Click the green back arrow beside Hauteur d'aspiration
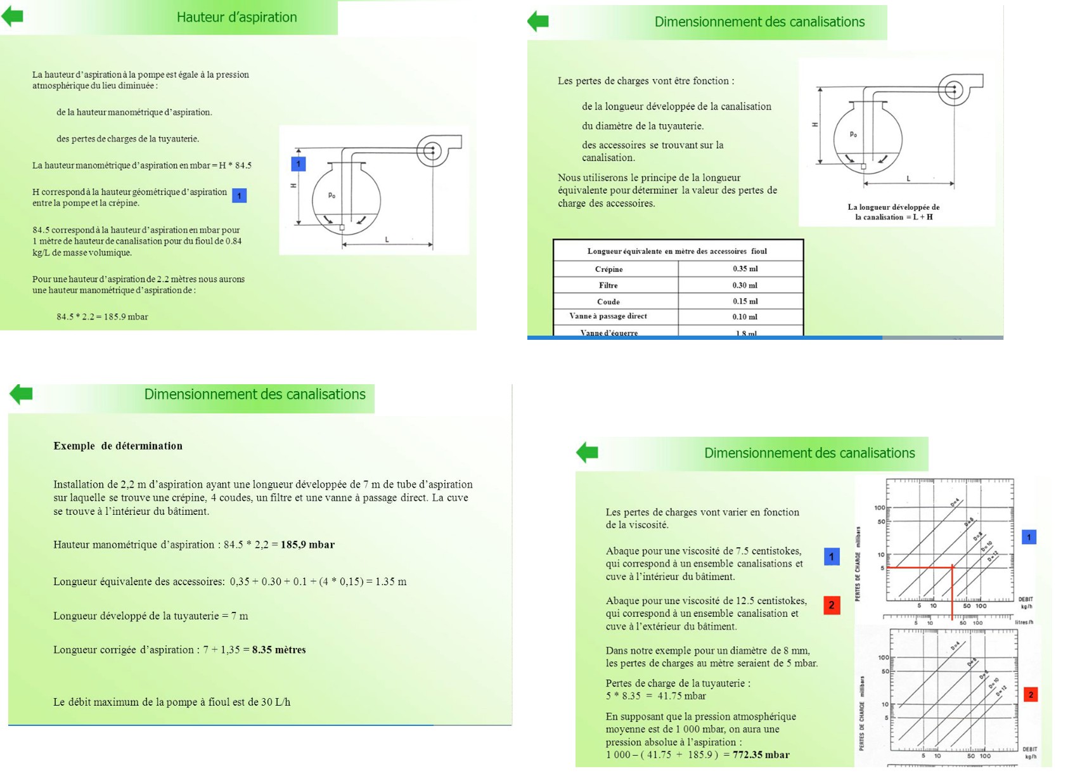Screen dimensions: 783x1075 [x=13, y=16]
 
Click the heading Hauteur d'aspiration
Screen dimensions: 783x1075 [x=236, y=17]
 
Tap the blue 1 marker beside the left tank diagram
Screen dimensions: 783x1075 [x=299, y=164]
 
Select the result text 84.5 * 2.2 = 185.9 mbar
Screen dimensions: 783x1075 [x=102, y=316]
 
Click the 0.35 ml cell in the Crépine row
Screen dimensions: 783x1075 [x=745, y=269]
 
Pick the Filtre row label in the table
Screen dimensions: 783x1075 [x=608, y=285]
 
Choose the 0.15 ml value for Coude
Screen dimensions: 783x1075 [x=745, y=301]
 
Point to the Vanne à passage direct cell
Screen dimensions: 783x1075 [x=608, y=316]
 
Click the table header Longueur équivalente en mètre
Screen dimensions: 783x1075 [x=676, y=251]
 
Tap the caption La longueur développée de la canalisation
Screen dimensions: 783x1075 [x=893, y=212]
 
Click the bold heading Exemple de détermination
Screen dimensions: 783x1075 [x=118, y=446]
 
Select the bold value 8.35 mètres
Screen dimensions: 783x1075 [x=279, y=649]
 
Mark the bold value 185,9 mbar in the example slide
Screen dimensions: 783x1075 [x=307, y=544]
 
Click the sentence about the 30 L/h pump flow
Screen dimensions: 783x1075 [x=172, y=702]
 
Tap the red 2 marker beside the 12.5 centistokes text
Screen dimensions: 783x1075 [x=832, y=605]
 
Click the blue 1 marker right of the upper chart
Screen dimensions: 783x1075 [x=1029, y=537]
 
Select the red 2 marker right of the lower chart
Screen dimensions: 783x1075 [x=1031, y=695]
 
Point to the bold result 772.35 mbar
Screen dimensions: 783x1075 [x=761, y=754]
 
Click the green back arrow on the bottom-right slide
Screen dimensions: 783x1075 [x=587, y=452]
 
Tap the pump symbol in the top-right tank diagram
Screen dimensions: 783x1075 [x=955, y=89]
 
